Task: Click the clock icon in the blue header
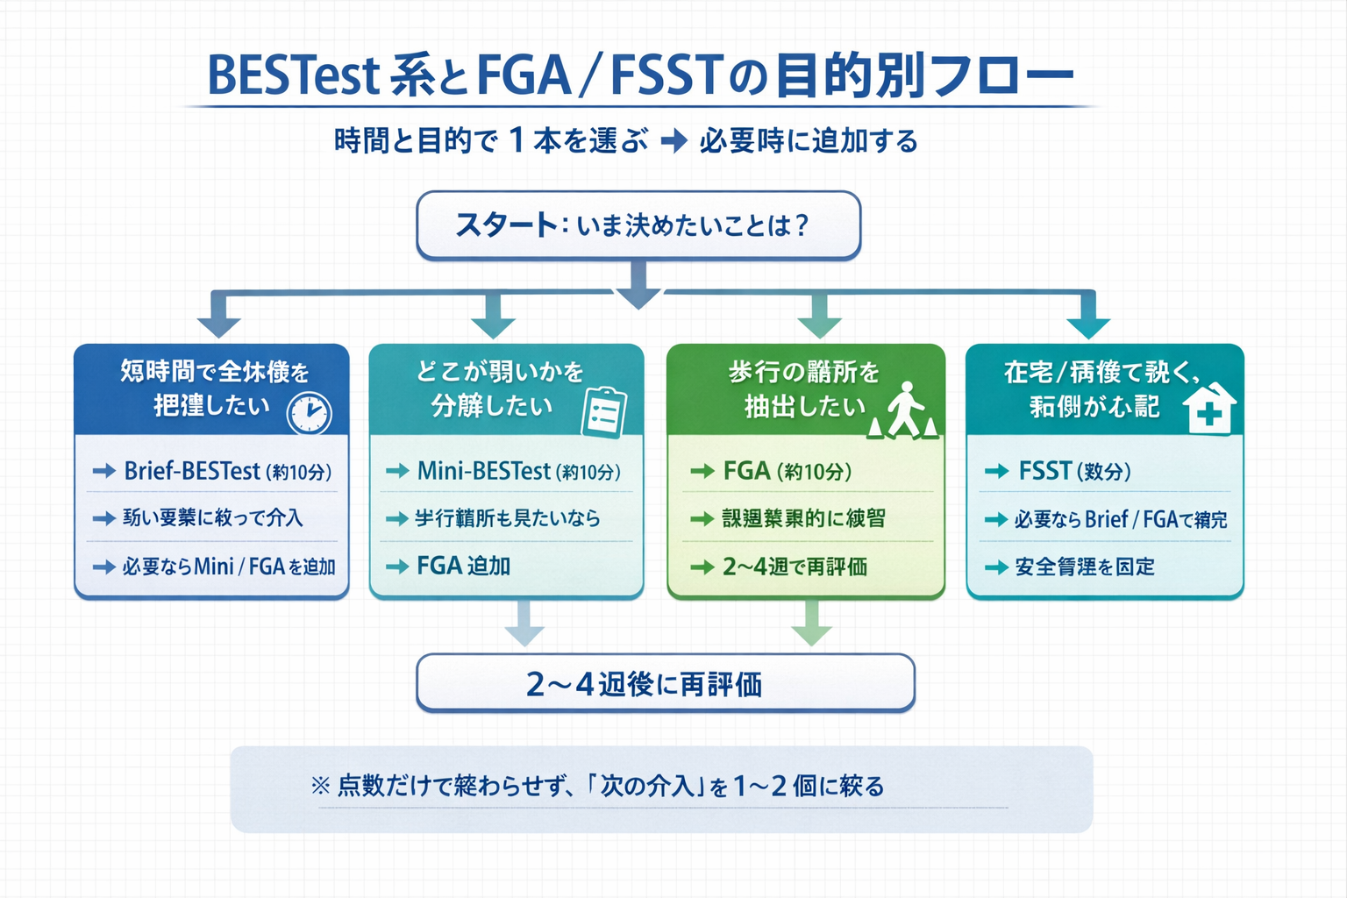pos(309,412)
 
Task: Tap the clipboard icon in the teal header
pos(604,412)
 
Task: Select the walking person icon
pos(904,410)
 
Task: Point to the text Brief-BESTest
pos(192,471)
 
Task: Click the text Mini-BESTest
pos(483,471)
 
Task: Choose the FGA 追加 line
pos(464,566)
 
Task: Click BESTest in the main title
pos(293,75)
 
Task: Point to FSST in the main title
pos(666,75)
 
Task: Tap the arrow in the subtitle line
pos(673,140)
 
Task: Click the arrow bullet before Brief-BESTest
pos(103,471)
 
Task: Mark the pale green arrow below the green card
pos(811,624)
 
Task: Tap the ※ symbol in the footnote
pos(320,785)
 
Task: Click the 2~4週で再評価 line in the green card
pos(795,567)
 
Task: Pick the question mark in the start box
pos(800,225)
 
